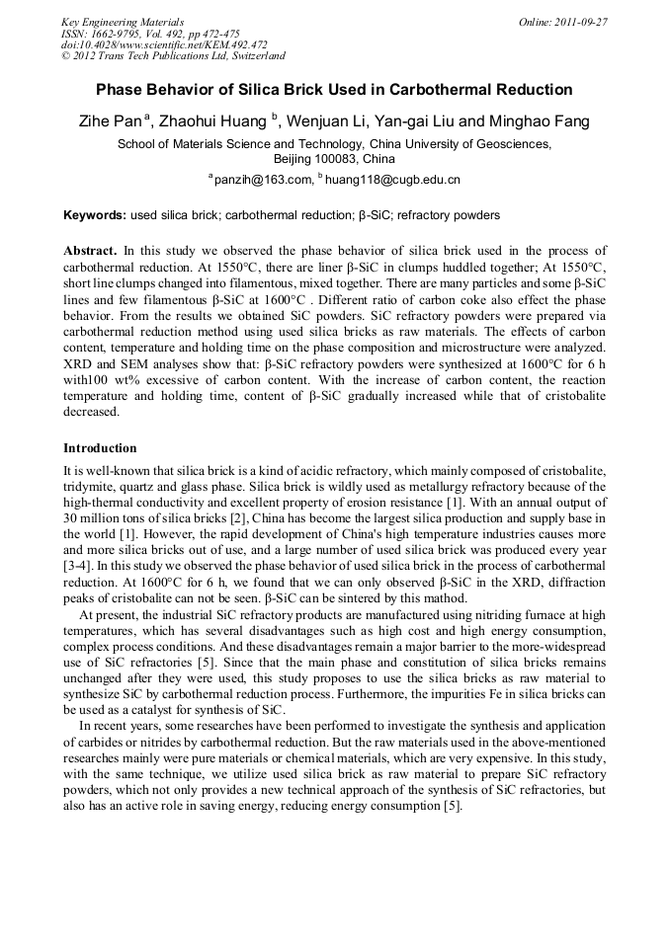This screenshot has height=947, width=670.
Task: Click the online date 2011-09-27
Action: pyautogui.click(x=577, y=21)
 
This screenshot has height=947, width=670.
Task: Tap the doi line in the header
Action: pyautogui.click(x=164, y=44)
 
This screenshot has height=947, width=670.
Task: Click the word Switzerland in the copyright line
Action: pyautogui.click(x=250, y=56)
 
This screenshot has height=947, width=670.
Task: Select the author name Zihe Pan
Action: pyautogui.click(x=111, y=122)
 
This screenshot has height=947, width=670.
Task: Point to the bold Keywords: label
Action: pyautogui.click(x=95, y=214)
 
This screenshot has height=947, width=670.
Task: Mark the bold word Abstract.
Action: pyautogui.click(x=90, y=251)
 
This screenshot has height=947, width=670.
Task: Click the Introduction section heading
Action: pyautogui.click(x=100, y=447)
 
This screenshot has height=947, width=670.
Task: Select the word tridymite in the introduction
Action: pyautogui.click(x=94, y=486)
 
